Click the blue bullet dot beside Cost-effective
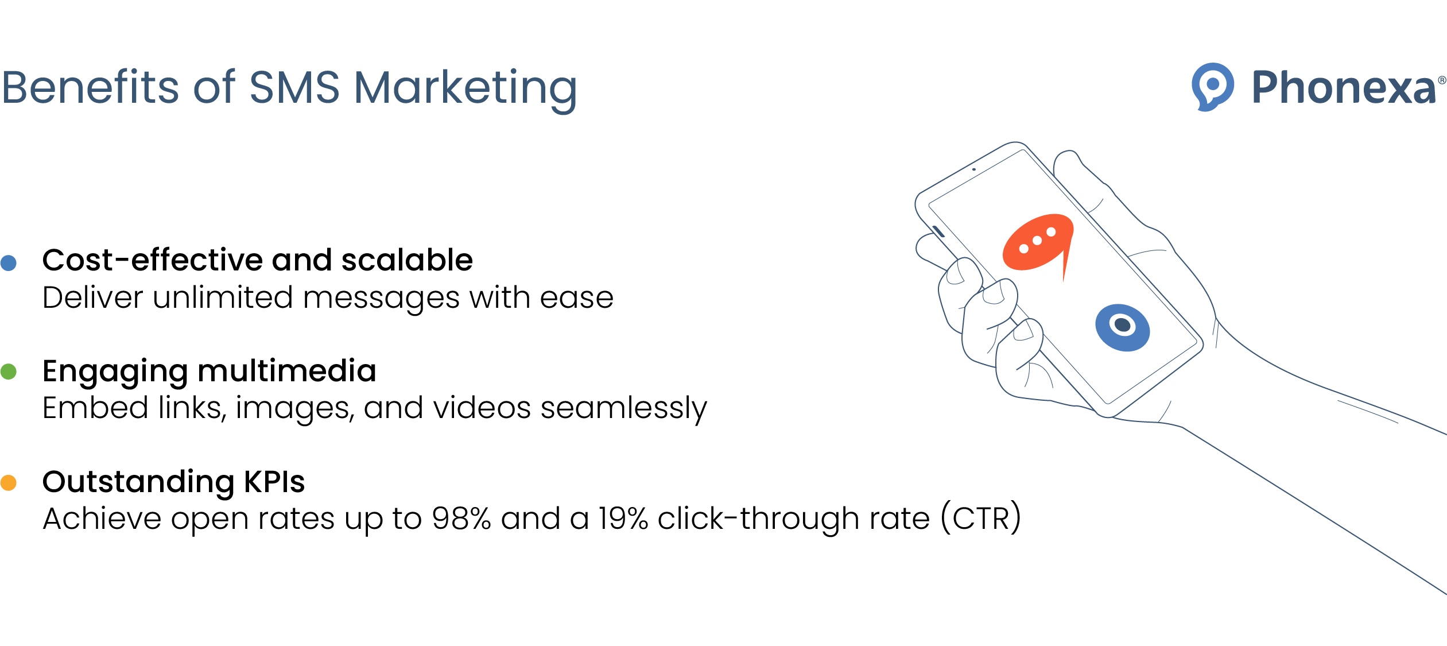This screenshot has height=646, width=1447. (9, 262)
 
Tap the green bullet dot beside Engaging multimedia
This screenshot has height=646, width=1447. (9, 372)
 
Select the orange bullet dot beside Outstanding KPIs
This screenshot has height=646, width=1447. (9, 482)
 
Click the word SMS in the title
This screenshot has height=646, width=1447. (294, 87)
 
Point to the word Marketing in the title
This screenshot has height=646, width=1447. (465, 89)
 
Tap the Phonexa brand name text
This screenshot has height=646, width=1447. (1343, 87)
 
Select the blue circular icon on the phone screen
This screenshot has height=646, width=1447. (1122, 327)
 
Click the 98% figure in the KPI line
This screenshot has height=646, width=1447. (461, 519)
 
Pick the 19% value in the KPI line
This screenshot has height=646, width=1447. (623, 519)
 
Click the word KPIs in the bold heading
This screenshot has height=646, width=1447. (274, 482)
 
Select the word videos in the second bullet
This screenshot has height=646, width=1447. (482, 408)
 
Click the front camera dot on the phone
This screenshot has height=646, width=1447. (974, 169)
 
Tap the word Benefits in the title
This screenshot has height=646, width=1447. (91, 87)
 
